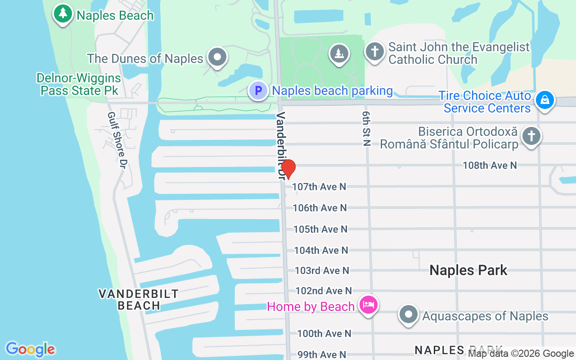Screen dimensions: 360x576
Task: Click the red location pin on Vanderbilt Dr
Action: (288, 169)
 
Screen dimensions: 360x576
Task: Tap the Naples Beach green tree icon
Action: (63, 13)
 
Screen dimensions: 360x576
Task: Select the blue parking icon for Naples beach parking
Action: (258, 90)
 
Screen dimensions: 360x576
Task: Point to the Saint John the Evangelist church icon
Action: (374, 52)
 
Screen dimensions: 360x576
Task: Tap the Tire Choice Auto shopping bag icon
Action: (545, 99)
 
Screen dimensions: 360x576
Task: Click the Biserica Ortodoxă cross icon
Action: (531, 136)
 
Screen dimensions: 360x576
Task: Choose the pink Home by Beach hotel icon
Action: (369, 305)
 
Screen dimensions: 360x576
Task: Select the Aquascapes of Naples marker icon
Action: (409, 315)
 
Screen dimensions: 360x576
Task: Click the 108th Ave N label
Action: (490, 166)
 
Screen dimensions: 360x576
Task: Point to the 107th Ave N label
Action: (319, 186)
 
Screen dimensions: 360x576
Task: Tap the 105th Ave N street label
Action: (320, 229)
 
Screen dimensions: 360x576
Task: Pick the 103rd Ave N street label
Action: (322, 270)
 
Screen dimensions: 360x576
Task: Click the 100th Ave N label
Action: (324, 333)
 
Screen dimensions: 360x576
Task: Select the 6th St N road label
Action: (365, 128)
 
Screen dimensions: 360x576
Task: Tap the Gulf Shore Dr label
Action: (116, 140)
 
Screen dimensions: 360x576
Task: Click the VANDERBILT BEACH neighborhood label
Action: (139, 300)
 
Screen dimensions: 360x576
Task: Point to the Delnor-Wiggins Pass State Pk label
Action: (79, 84)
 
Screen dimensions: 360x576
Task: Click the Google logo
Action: (30, 349)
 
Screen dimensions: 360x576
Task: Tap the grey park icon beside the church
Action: (339, 53)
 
